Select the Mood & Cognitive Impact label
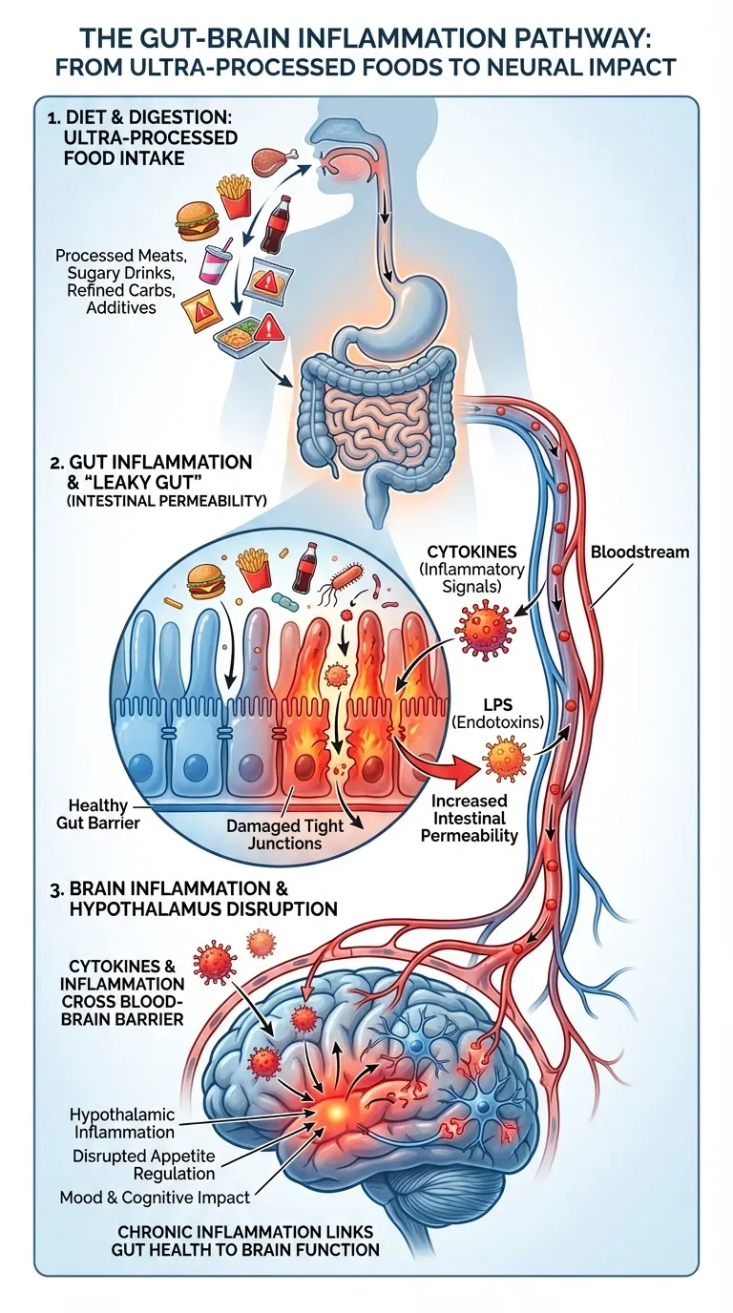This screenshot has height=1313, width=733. tap(155, 1197)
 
